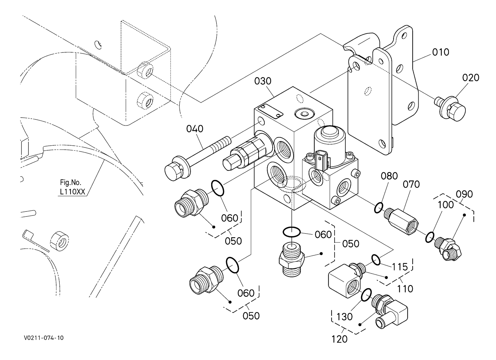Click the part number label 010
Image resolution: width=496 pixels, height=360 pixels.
pyautogui.click(x=441, y=52)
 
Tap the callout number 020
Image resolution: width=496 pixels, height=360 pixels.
pyautogui.click(x=471, y=78)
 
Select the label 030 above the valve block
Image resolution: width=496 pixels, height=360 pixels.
pyautogui.click(x=263, y=81)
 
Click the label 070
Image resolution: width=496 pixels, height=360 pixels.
pyautogui.click(x=411, y=184)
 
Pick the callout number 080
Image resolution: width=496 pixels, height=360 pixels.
pyautogui.click(x=389, y=176)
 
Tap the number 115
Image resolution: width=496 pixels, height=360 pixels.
pyautogui.click(x=400, y=267)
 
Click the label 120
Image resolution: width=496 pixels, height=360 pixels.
pyautogui.click(x=340, y=339)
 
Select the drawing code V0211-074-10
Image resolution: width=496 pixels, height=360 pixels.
pyautogui.click(x=44, y=338)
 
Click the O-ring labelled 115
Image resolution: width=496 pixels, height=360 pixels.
pyautogui.click(x=376, y=259)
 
